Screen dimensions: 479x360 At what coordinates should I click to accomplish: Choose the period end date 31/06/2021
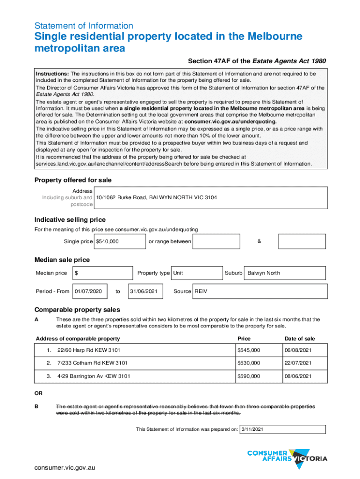pos(144,291)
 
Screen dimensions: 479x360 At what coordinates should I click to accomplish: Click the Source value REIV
pos(201,291)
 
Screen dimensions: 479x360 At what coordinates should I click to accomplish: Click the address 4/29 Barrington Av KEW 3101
pos(94,376)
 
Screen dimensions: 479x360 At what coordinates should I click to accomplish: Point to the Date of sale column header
pos(300,339)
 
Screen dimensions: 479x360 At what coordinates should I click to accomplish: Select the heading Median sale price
pos(62,260)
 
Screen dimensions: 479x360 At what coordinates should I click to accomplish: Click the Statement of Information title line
pos(84,26)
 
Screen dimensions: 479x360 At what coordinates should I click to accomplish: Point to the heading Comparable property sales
pos(77,310)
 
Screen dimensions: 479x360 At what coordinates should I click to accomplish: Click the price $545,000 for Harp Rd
pos(249,350)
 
